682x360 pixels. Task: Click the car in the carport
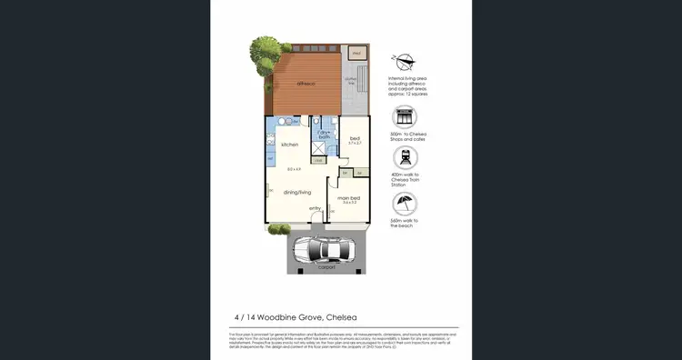326,250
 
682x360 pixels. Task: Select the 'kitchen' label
290,145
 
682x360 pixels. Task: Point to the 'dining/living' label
296,191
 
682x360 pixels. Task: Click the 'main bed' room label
350,198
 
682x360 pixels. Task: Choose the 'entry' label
315,209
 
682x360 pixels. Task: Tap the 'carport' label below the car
326,267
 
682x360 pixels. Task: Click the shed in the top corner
357,54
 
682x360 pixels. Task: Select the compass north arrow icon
405,63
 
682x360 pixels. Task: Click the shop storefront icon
405,117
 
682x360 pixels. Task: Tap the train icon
405,159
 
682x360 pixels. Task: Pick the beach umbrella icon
405,204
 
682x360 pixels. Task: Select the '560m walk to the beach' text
405,224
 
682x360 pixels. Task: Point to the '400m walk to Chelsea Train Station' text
405,181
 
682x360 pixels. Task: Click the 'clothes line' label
351,80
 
